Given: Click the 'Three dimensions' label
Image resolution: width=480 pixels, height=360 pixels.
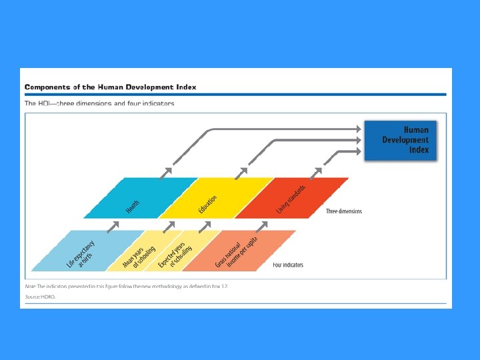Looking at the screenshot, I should click(344, 211).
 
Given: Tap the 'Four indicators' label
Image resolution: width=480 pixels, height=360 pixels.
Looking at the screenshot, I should click(288, 265).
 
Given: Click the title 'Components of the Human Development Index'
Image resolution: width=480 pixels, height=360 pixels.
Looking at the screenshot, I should click(111, 87).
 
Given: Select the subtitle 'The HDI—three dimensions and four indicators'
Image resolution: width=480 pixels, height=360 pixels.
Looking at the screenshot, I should click(99, 103).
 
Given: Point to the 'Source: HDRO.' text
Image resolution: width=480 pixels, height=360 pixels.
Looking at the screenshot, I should click(41, 296).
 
